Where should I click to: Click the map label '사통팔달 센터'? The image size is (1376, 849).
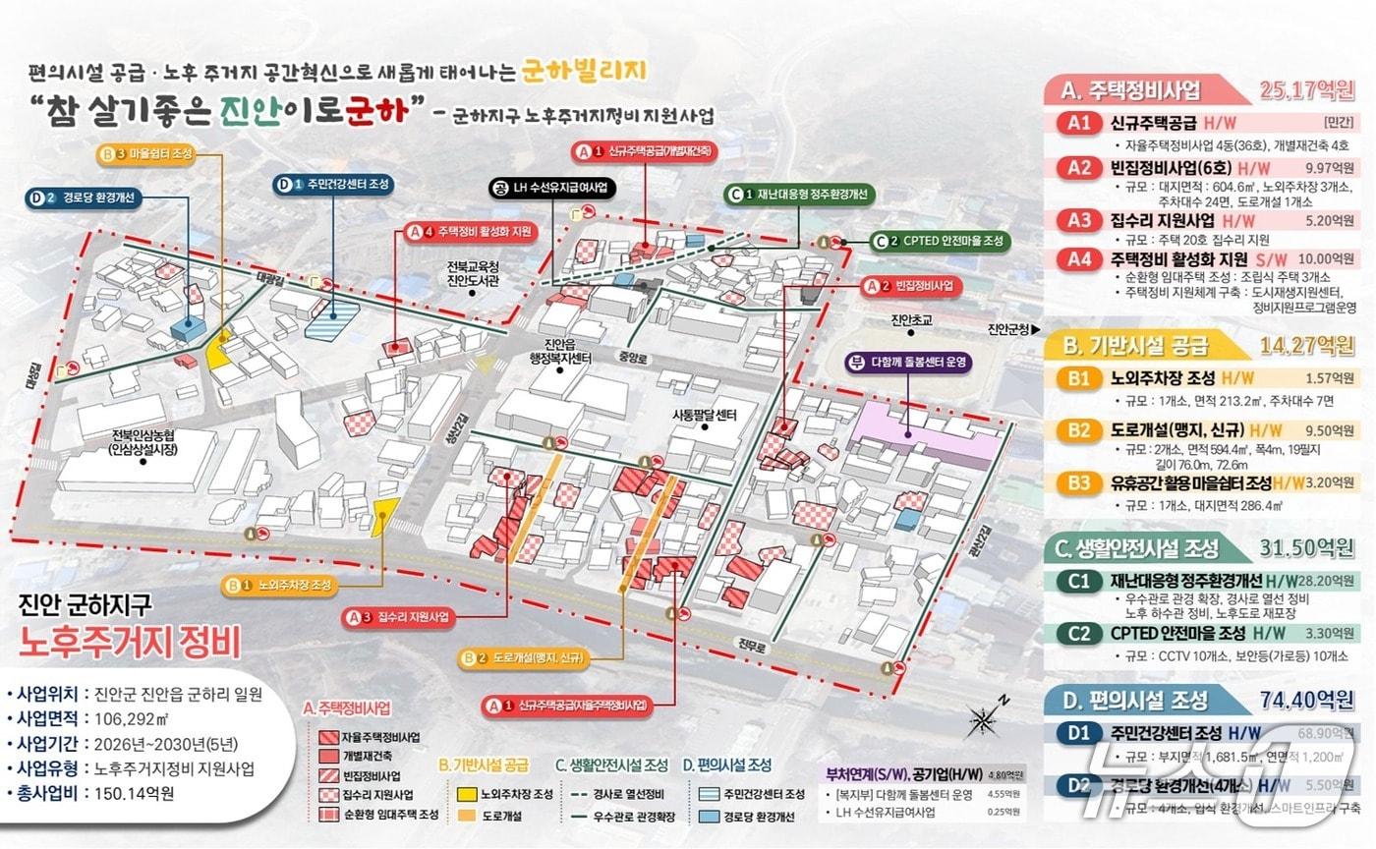(x=704, y=415)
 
